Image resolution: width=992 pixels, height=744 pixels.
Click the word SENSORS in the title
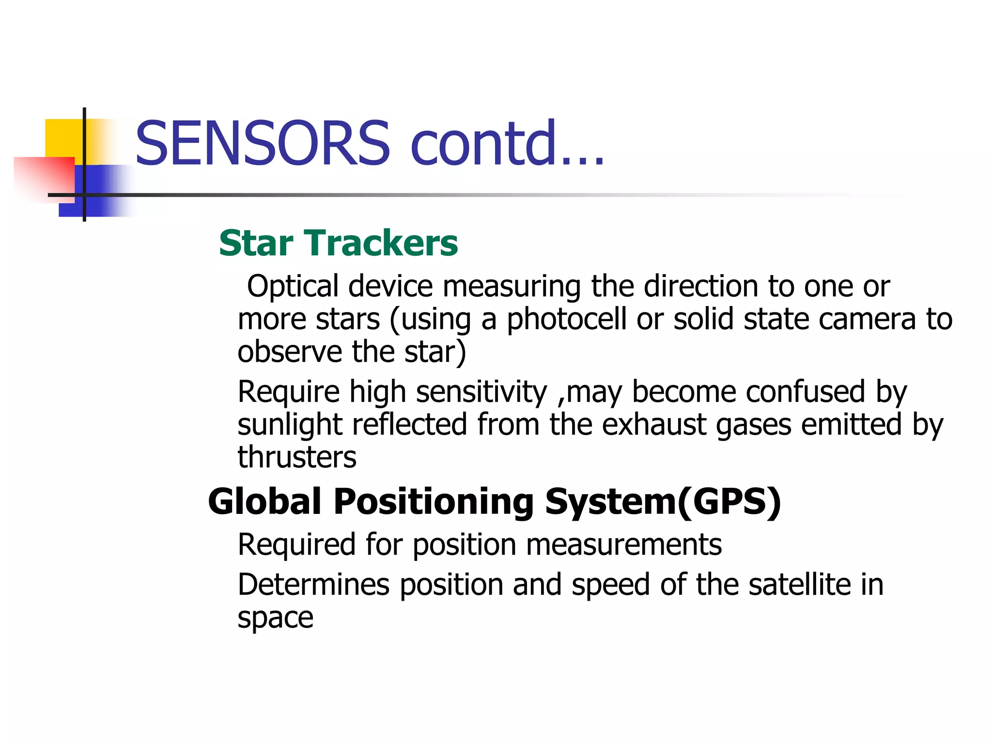click(x=263, y=143)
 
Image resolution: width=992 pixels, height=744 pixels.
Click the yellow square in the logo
click(x=63, y=138)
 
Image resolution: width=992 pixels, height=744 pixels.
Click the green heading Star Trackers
click(x=338, y=243)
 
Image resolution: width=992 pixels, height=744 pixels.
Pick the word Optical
click(x=292, y=286)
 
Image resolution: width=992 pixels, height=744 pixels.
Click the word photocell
click(x=566, y=320)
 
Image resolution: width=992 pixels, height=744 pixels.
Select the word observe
click(x=289, y=352)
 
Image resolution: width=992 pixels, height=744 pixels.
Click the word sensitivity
click(x=481, y=392)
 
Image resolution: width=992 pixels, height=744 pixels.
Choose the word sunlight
click(x=290, y=425)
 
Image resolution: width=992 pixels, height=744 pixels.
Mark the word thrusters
click(x=297, y=457)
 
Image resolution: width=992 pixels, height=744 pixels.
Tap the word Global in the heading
click(x=264, y=501)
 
